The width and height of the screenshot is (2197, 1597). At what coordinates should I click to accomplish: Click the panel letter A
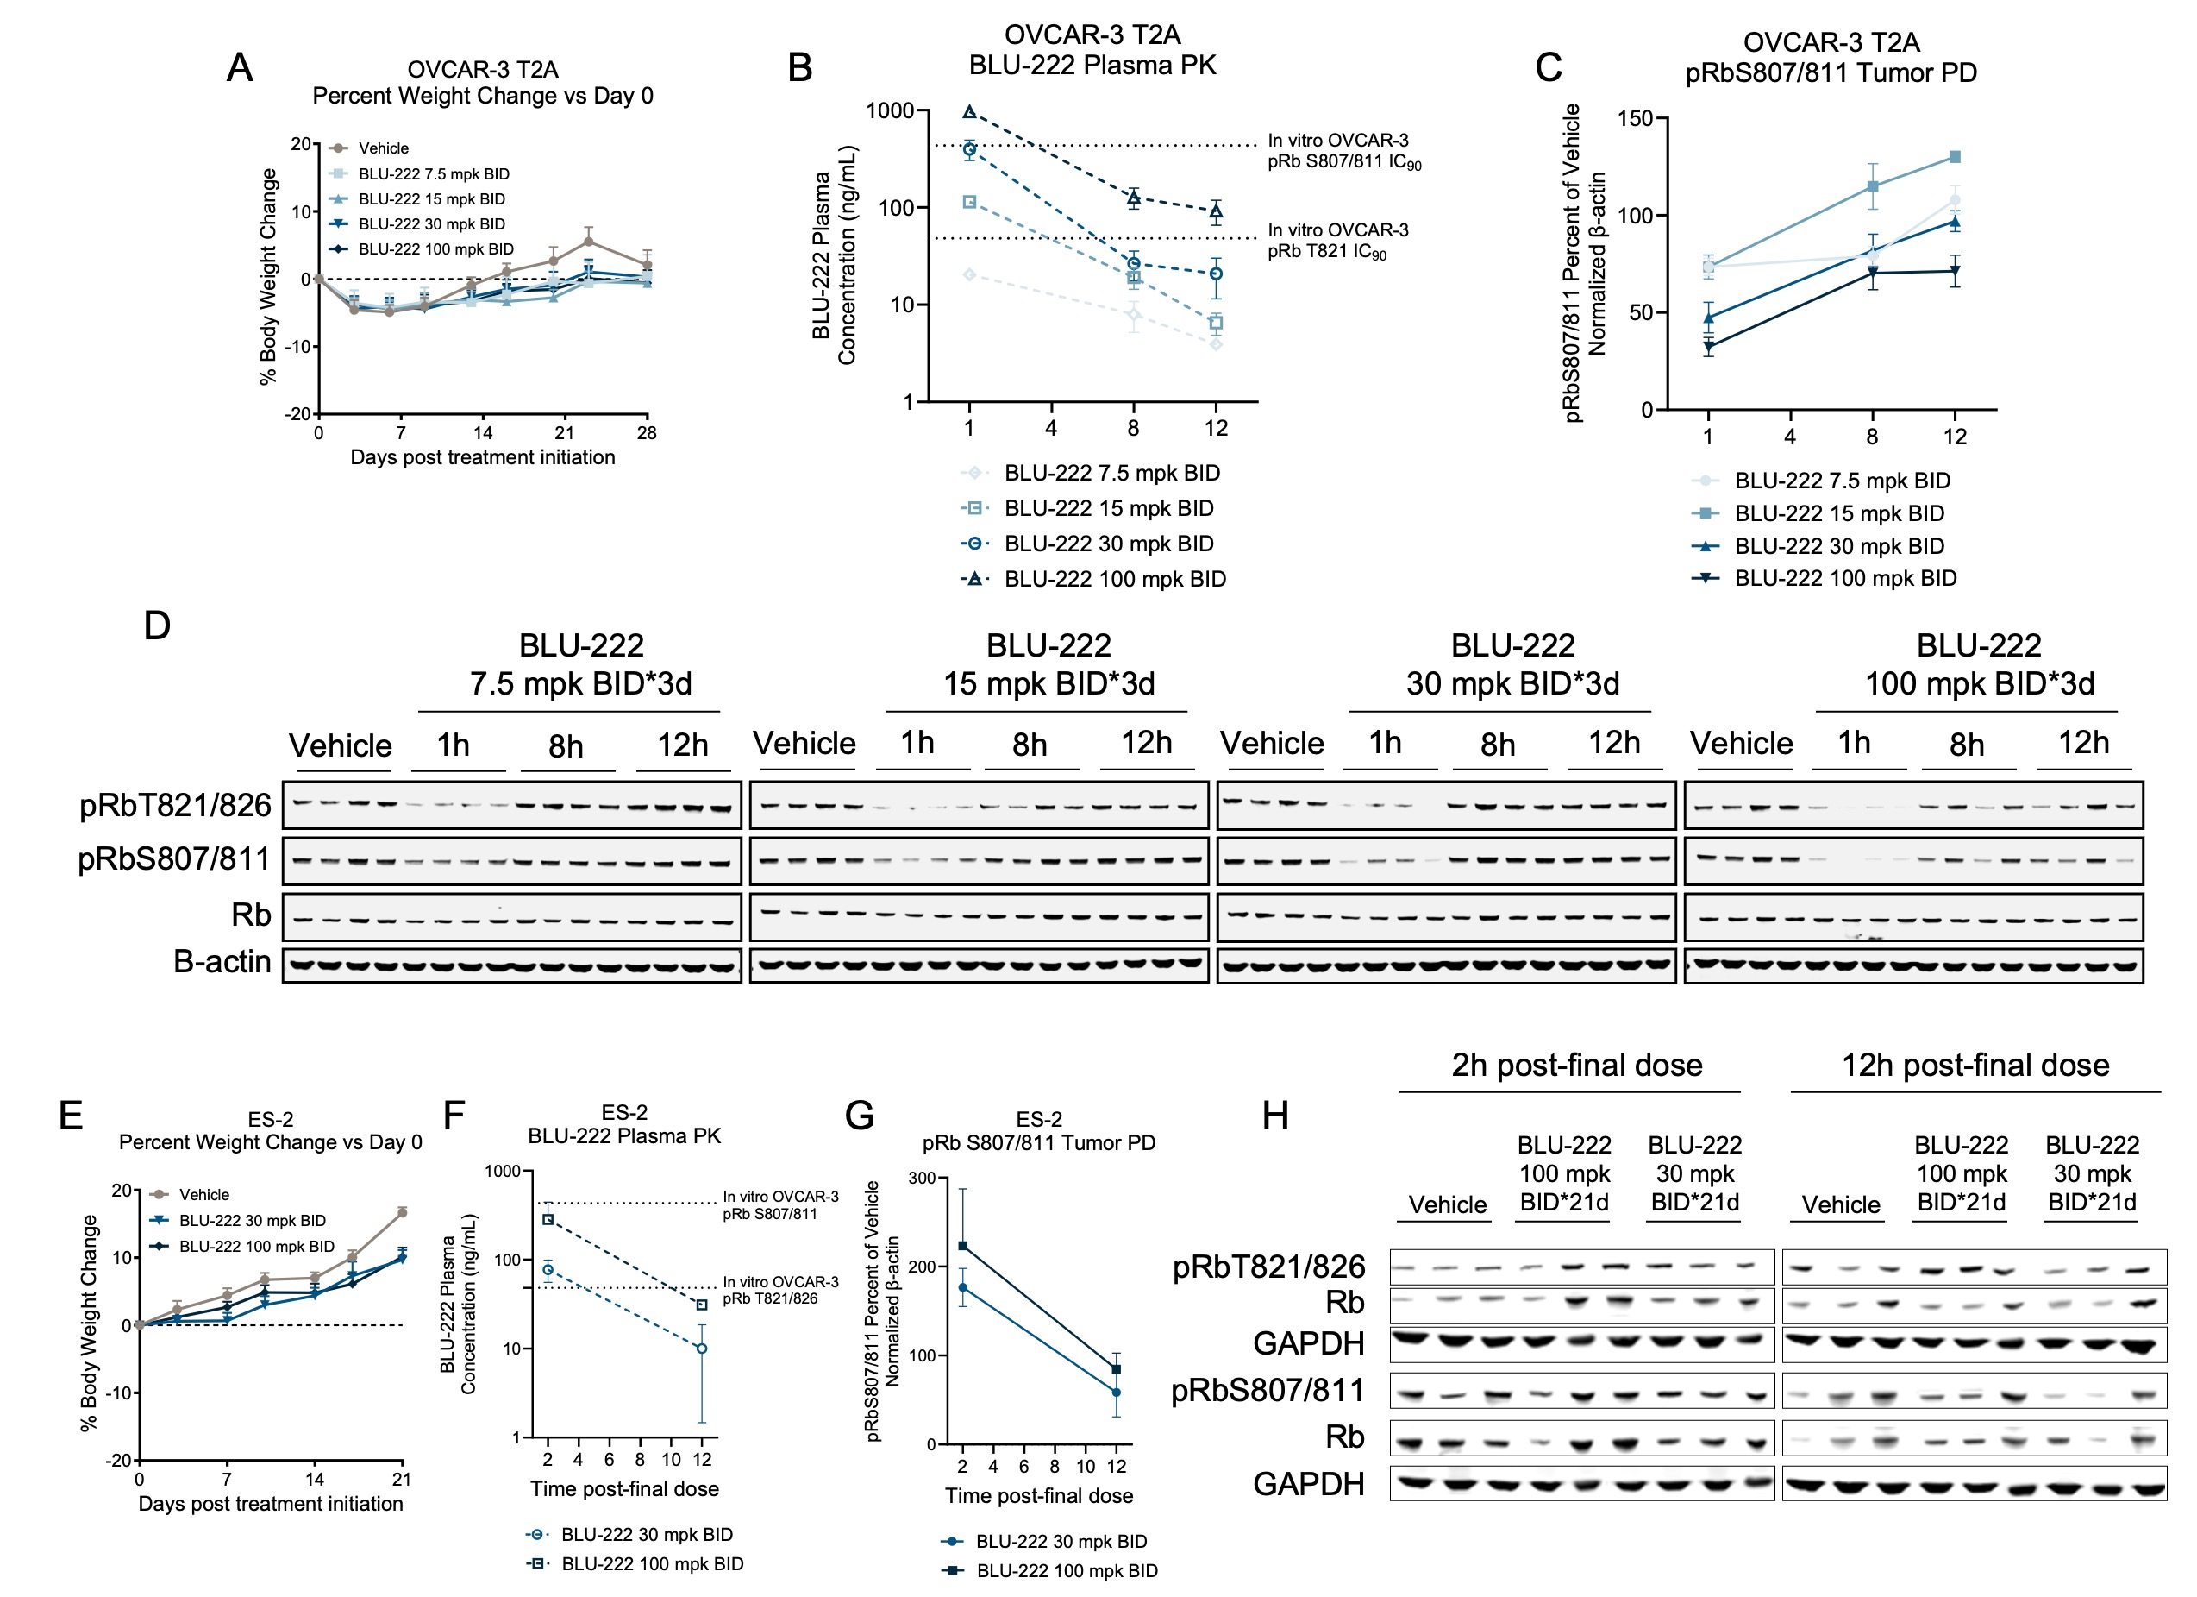click(239, 68)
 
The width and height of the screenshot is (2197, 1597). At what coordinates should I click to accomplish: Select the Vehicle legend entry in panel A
click(383, 148)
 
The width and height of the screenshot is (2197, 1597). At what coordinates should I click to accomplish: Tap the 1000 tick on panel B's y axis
click(889, 110)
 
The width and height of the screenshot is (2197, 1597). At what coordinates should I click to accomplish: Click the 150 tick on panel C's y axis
click(1635, 118)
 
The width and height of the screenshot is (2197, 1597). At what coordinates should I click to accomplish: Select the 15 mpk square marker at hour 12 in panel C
click(1955, 157)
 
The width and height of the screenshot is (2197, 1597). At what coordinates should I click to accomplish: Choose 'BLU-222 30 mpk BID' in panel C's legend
click(1838, 546)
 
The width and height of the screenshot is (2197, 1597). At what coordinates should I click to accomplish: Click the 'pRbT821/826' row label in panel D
click(174, 805)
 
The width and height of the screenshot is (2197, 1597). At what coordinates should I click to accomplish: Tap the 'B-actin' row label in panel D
click(221, 961)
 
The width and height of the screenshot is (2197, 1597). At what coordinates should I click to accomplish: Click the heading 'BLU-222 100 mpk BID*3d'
click(1979, 665)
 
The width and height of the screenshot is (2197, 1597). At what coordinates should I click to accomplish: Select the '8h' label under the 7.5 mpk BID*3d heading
click(566, 746)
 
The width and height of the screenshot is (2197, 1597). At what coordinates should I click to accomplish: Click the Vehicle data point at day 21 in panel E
click(402, 1212)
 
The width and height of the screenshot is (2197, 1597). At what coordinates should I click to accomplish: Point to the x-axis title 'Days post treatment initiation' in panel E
click(270, 1504)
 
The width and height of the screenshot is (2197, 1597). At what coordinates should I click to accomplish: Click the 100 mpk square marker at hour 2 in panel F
click(548, 1219)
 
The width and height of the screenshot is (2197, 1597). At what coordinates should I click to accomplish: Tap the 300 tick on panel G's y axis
click(923, 1179)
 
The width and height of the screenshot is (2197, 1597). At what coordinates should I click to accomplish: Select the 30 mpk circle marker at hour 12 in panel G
click(1116, 1393)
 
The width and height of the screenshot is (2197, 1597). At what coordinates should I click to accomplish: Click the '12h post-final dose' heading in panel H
click(1975, 1065)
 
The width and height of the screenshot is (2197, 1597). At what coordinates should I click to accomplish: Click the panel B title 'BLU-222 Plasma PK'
click(1092, 65)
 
